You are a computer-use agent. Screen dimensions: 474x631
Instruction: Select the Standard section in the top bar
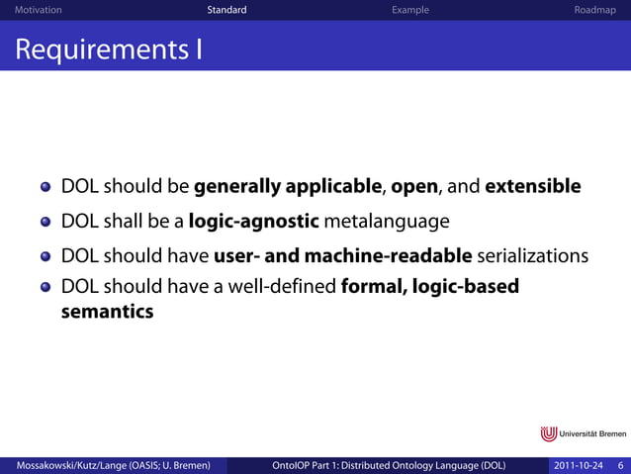(226, 10)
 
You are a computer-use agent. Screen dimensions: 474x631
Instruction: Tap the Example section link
(409, 10)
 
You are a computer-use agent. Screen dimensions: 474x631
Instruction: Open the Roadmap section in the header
(594, 10)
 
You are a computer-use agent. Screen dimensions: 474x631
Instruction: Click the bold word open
(414, 187)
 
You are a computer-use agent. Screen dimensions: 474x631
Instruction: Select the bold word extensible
(532, 187)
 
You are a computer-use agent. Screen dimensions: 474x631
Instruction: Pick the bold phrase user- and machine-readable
(342, 256)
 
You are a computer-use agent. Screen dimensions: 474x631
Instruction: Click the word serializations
(533, 256)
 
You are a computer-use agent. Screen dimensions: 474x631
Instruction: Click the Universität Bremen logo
(583, 434)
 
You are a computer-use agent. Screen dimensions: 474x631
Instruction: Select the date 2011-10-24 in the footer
(579, 465)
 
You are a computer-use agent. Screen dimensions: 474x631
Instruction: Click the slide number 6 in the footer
(620, 465)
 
